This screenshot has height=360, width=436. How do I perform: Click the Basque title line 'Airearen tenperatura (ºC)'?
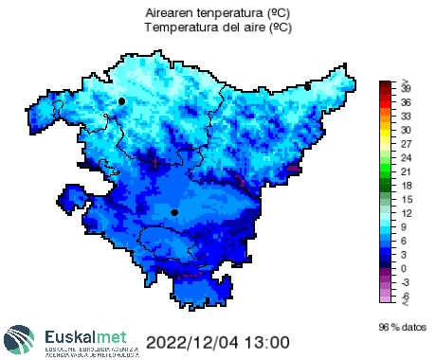point(218,14)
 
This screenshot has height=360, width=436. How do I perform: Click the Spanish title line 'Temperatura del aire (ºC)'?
point(218,28)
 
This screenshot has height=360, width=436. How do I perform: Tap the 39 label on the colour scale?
point(406,87)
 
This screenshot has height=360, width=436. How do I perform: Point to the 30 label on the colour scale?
point(406,130)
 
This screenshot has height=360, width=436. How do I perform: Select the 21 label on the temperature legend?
point(406,172)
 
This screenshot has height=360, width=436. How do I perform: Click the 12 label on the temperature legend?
point(406,214)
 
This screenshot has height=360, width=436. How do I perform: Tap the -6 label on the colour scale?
point(406,297)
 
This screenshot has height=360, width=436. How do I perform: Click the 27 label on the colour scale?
point(406,144)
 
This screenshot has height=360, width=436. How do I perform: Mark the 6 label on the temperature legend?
point(406,242)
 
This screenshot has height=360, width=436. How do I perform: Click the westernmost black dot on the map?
point(121,100)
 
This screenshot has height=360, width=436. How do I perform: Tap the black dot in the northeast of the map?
point(308,87)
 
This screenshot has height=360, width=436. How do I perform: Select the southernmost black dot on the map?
point(174,213)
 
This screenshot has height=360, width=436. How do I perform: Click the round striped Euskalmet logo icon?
point(20,340)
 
